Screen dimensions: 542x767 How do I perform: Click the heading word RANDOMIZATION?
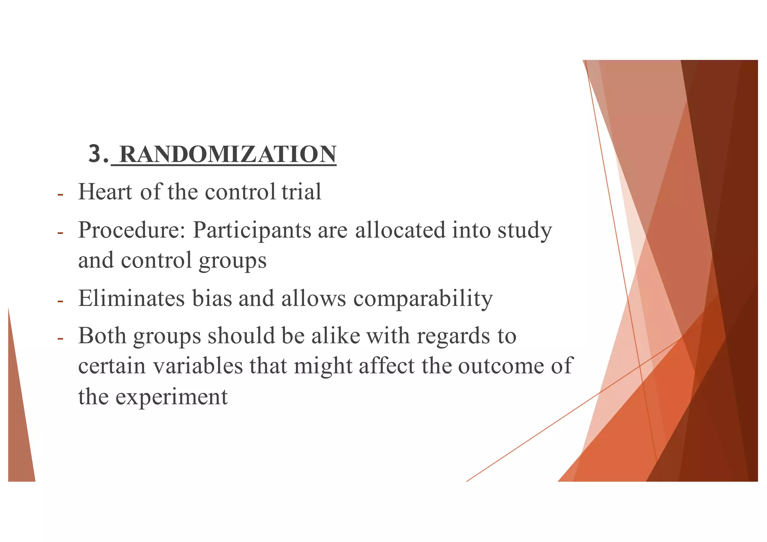[228, 154]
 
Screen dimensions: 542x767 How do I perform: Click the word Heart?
[105, 192]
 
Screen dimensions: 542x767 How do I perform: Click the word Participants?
[252, 231]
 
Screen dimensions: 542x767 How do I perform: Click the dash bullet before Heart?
[60, 195]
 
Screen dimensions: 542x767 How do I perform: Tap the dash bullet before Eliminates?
[60, 301]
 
